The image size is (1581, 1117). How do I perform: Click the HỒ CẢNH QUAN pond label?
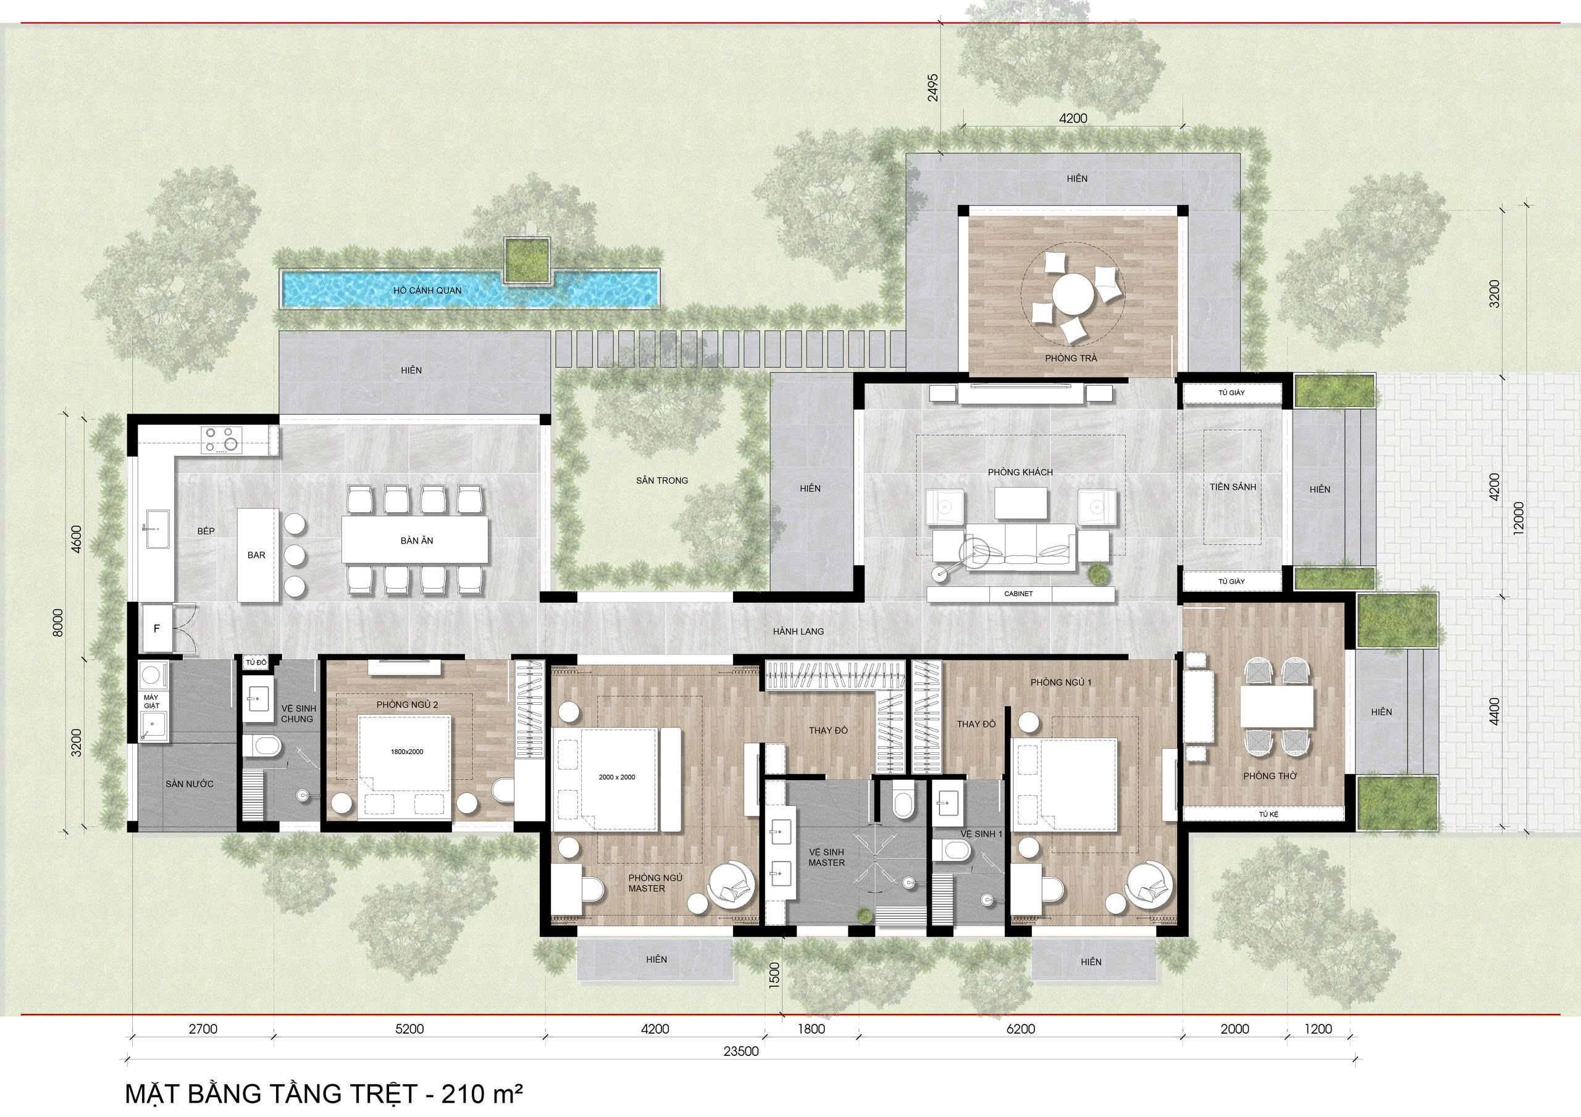click(427, 291)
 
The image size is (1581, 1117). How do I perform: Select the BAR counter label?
click(256, 555)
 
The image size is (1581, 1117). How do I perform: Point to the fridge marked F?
click(157, 628)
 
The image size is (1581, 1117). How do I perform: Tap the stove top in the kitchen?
click(222, 440)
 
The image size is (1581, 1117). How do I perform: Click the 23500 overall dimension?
click(741, 1070)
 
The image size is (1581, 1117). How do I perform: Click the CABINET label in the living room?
click(1018, 594)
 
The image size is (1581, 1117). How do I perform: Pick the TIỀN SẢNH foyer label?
click(1233, 486)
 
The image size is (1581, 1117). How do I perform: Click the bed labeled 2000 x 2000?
click(616, 778)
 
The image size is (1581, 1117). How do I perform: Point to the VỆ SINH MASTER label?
click(826, 857)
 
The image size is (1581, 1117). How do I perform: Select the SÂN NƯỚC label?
click(190, 784)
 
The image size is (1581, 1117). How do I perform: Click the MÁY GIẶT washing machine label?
click(151, 701)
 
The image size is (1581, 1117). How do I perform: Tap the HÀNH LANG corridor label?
click(798, 631)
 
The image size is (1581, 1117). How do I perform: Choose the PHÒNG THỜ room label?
click(1270, 776)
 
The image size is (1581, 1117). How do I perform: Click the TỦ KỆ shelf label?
click(1268, 814)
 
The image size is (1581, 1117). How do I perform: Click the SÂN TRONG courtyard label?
click(661, 480)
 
